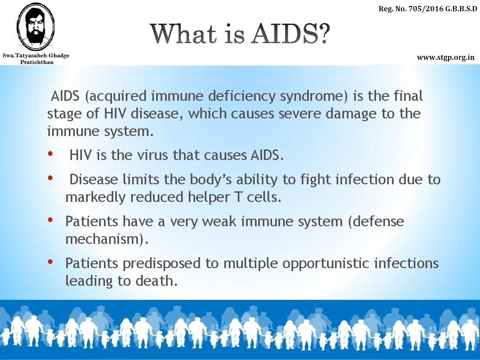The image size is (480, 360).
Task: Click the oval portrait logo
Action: tap(36, 26)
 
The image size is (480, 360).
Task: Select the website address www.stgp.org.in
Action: tap(446, 58)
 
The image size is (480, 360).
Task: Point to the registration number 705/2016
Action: tap(426, 9)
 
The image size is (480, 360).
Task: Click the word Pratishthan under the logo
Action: tap(37, 62)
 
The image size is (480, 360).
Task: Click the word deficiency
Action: tap(242, 97)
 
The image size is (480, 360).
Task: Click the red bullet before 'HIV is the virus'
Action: tap(50, 154)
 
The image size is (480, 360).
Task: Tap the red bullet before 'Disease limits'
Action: tap(50, 178)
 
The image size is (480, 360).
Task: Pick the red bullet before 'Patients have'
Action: tap(50, 220)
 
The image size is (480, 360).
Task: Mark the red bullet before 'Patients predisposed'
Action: tap(50, 261)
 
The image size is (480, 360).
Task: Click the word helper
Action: tap(209, 197)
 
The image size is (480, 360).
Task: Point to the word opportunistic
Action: tap(326, 264)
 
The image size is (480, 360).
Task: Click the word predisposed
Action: tap(162, 264)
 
